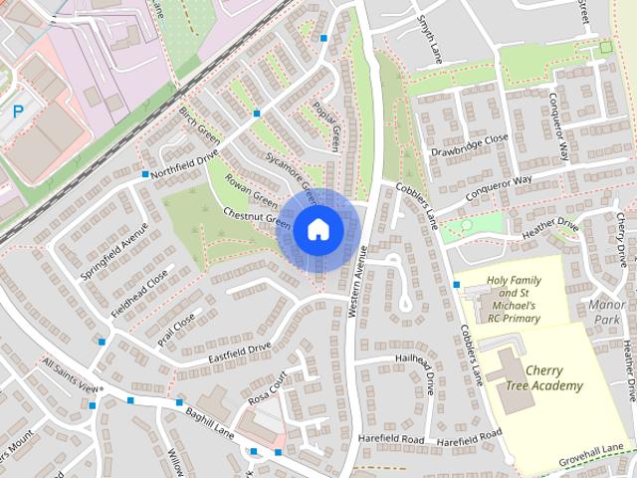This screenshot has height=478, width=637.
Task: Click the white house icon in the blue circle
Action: [318, 229]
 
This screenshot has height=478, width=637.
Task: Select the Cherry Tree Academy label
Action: [556, 376]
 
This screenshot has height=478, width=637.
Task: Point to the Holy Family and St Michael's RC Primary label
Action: [514, 298]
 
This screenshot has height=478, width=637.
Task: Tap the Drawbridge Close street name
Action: [469, 145]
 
